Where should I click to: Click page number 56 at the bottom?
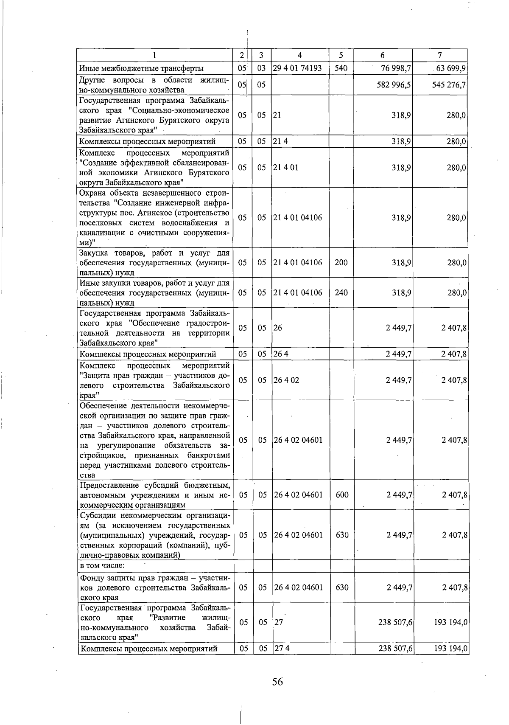click(277, 682)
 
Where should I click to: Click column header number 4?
click(300, 55)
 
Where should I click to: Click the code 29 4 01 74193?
click(297, 68)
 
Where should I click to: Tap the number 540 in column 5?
click(341, 68)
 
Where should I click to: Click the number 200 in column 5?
click(341, 263)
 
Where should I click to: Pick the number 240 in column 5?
click(341, 292)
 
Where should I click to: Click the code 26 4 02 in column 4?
click(286, 380)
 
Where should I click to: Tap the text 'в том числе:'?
click(102, 565)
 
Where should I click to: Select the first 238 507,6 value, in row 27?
click(395, 622)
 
